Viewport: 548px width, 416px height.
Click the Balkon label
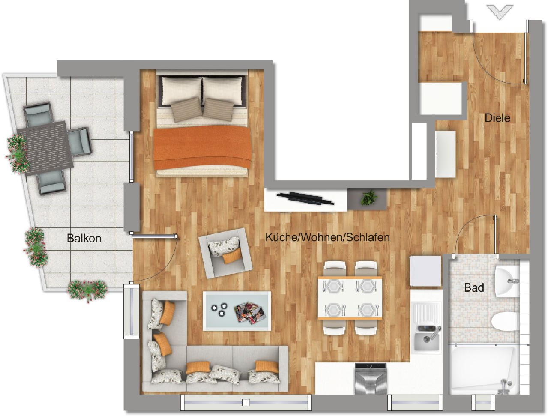84,239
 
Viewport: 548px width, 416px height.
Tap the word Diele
497,118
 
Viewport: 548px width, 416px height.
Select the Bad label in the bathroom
474,288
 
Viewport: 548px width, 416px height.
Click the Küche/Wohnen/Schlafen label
327,237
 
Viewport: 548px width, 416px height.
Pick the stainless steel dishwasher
371,379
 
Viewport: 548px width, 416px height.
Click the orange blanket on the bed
202,147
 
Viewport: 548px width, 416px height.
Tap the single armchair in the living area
225,253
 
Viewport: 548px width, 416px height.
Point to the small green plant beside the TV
369,198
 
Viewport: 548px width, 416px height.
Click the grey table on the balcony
45,148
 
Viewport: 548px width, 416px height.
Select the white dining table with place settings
350,298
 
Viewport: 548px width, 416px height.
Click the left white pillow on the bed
182,91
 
